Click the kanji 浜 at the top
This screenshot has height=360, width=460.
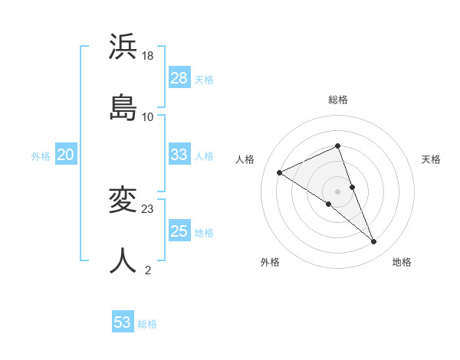click(123, 47)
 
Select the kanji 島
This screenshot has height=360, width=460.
click(123, 106)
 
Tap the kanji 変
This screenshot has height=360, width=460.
click(123, 200)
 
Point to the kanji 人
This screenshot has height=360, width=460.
click(123, 260)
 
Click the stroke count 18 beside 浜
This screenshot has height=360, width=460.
click(149, 56)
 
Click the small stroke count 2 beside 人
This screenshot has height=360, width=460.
click(148, 270)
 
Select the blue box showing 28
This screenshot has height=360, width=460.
click(179, 78)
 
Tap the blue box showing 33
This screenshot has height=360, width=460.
click(179, 155)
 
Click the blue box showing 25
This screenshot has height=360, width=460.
click(179, 231)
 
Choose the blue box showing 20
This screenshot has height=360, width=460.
click(66, 155)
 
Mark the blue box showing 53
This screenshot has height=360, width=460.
click(123, 322)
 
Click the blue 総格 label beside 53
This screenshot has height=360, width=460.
click(147, 324)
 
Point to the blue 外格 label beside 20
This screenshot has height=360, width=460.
click(41, 156)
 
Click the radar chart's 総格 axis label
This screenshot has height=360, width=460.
click(337, 100)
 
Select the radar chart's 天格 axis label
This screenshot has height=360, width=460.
click(432, 159)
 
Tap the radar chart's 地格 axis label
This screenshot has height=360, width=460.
click(402, 263)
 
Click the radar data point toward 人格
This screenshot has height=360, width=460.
click(280, 173)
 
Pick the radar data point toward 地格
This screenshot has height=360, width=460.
click(374, 242)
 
